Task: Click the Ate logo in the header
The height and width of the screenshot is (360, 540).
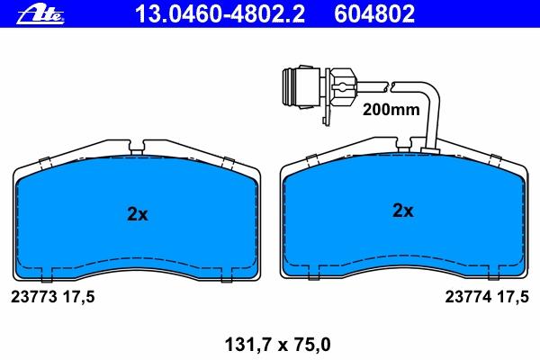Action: click(41, 15)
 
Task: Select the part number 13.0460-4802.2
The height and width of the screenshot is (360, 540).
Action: click(220, 14)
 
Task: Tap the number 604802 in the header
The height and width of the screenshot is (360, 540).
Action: click(374, 14)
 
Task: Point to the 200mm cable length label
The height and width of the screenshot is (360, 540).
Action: click(391, 110)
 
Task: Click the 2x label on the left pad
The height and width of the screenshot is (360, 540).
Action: click(138, 214)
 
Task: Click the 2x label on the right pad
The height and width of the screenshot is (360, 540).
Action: click(403, 210)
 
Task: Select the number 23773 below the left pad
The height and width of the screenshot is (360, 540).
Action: click(34, 297)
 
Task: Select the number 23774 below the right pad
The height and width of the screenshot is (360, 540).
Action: click(468, 296)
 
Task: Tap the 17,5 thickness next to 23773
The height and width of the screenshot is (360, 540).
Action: click(78, 297)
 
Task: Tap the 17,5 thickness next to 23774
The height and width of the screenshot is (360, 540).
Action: click(513, 297)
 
